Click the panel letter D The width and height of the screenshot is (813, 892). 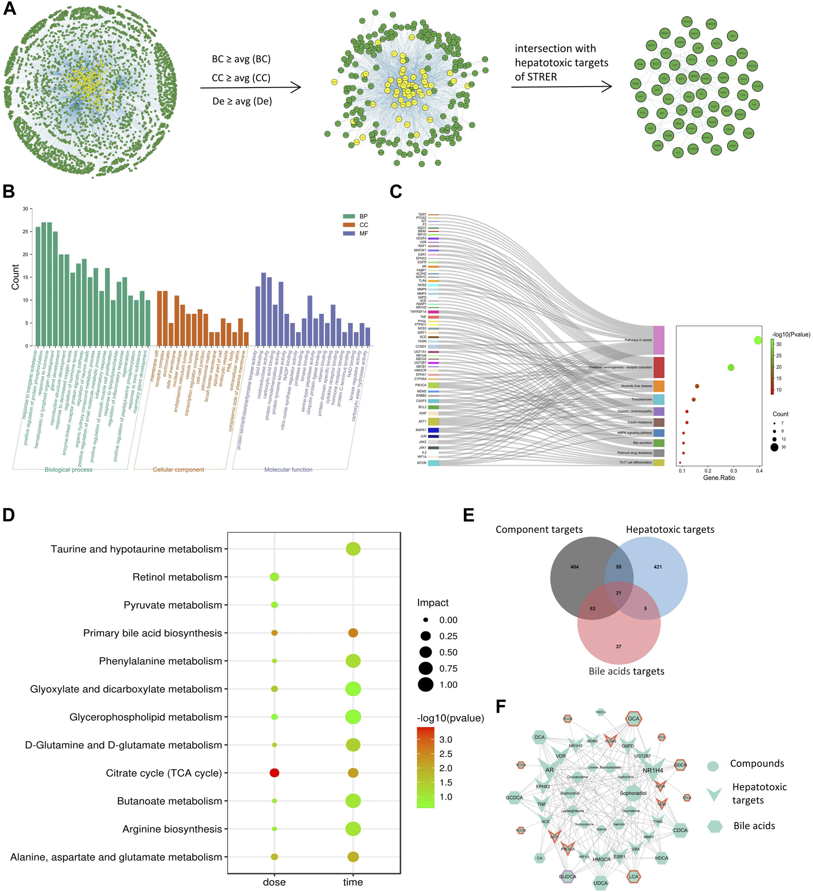(9, 515)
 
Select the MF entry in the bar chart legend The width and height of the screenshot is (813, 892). (363, 233)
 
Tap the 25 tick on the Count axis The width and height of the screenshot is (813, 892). (26, 232)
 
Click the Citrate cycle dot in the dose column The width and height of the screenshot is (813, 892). (274, 773)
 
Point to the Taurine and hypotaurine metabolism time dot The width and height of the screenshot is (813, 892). (353, 548)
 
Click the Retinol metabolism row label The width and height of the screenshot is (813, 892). (177, 577)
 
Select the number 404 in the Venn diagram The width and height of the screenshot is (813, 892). (574, 567)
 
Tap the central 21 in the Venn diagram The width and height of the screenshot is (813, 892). (618, 593)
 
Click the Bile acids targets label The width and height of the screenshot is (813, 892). (626, 671)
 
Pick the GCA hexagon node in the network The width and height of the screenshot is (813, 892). (634, 719)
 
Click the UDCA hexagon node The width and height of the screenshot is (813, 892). (601, 883)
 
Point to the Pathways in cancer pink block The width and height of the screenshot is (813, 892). (659, 340)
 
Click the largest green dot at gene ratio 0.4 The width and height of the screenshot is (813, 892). (758, 340)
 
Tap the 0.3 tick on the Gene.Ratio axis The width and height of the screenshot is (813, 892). (734, 471)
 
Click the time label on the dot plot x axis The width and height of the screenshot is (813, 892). (353, 882)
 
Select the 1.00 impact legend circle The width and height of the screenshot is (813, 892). (426, 685)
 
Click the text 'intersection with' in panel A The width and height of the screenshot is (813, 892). (555, 49)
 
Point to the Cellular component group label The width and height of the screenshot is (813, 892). (178, 470)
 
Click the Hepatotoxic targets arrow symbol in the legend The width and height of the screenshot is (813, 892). (714, 794)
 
